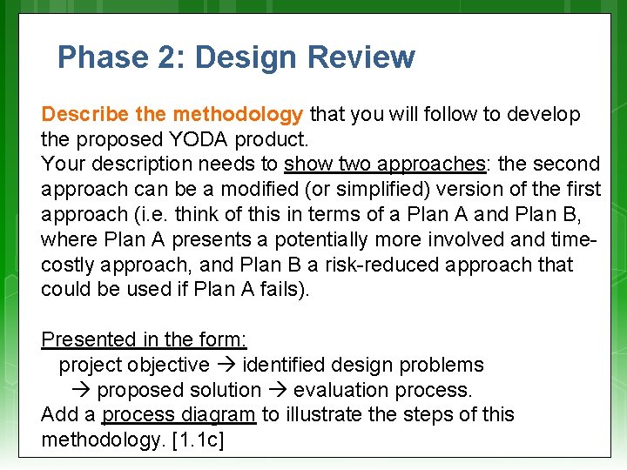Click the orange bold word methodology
tap(238, 114)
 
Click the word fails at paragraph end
tap(277, 289)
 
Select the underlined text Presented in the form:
tap(144, 339)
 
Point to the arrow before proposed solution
tap(85, 390)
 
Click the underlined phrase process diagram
tap(179, 414)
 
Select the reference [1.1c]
tap(199, 440)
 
